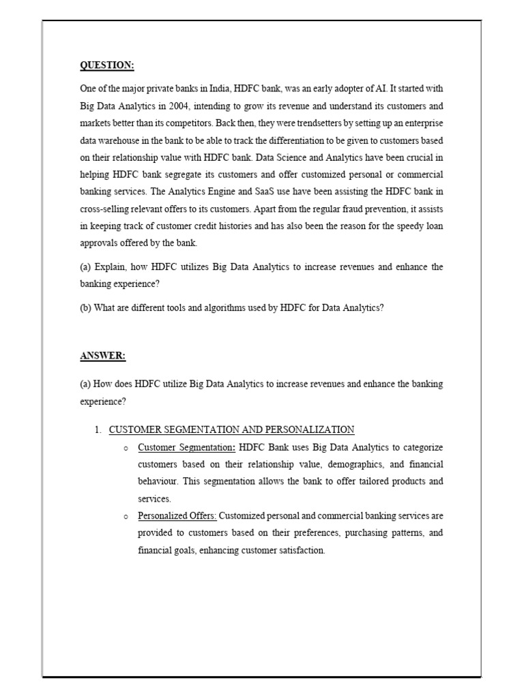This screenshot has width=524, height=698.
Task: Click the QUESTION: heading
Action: tap(107, 65)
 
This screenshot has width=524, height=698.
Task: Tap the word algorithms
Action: tap(223, 307)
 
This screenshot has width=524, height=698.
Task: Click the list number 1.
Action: tap(97, 429)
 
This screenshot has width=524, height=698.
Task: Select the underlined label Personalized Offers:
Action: tap(177, 516)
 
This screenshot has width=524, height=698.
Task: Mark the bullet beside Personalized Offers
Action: tap(126, 517)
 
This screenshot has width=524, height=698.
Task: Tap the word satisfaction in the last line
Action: tap(299, 550)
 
